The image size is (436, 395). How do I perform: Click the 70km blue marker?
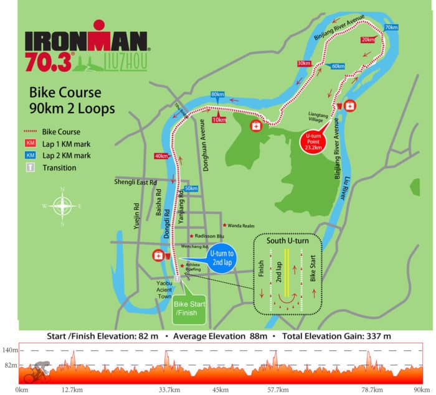[x=391, y=28]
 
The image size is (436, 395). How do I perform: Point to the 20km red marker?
[x=367, y=39]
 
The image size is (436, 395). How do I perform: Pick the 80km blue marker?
[x=217, y=95]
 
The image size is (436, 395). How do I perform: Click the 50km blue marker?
[x=191, y=188]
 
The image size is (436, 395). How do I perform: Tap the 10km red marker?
[x=219, y=119]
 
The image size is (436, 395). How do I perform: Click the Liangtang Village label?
[x=318, y=118]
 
